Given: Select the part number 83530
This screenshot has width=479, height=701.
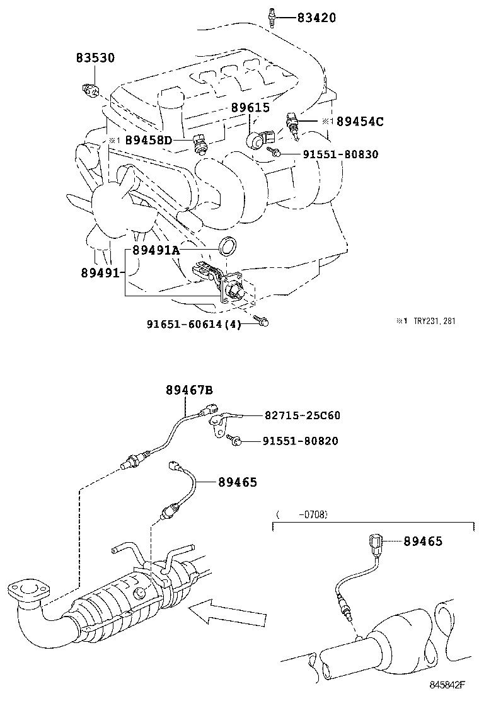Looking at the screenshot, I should click(96, 57).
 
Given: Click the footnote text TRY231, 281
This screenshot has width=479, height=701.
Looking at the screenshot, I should click(434, 321).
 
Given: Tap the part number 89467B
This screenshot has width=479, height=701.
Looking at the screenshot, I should click(189, 390).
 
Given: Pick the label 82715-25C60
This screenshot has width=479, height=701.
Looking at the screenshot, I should click(302, 415).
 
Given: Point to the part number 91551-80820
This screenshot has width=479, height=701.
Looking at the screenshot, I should click(300, 441).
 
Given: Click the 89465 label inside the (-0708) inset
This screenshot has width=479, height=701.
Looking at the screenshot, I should click(422, 541).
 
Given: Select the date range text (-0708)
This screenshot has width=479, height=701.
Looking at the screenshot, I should click(302, 514).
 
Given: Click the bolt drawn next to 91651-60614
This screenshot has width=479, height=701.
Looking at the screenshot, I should click(263, 322).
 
